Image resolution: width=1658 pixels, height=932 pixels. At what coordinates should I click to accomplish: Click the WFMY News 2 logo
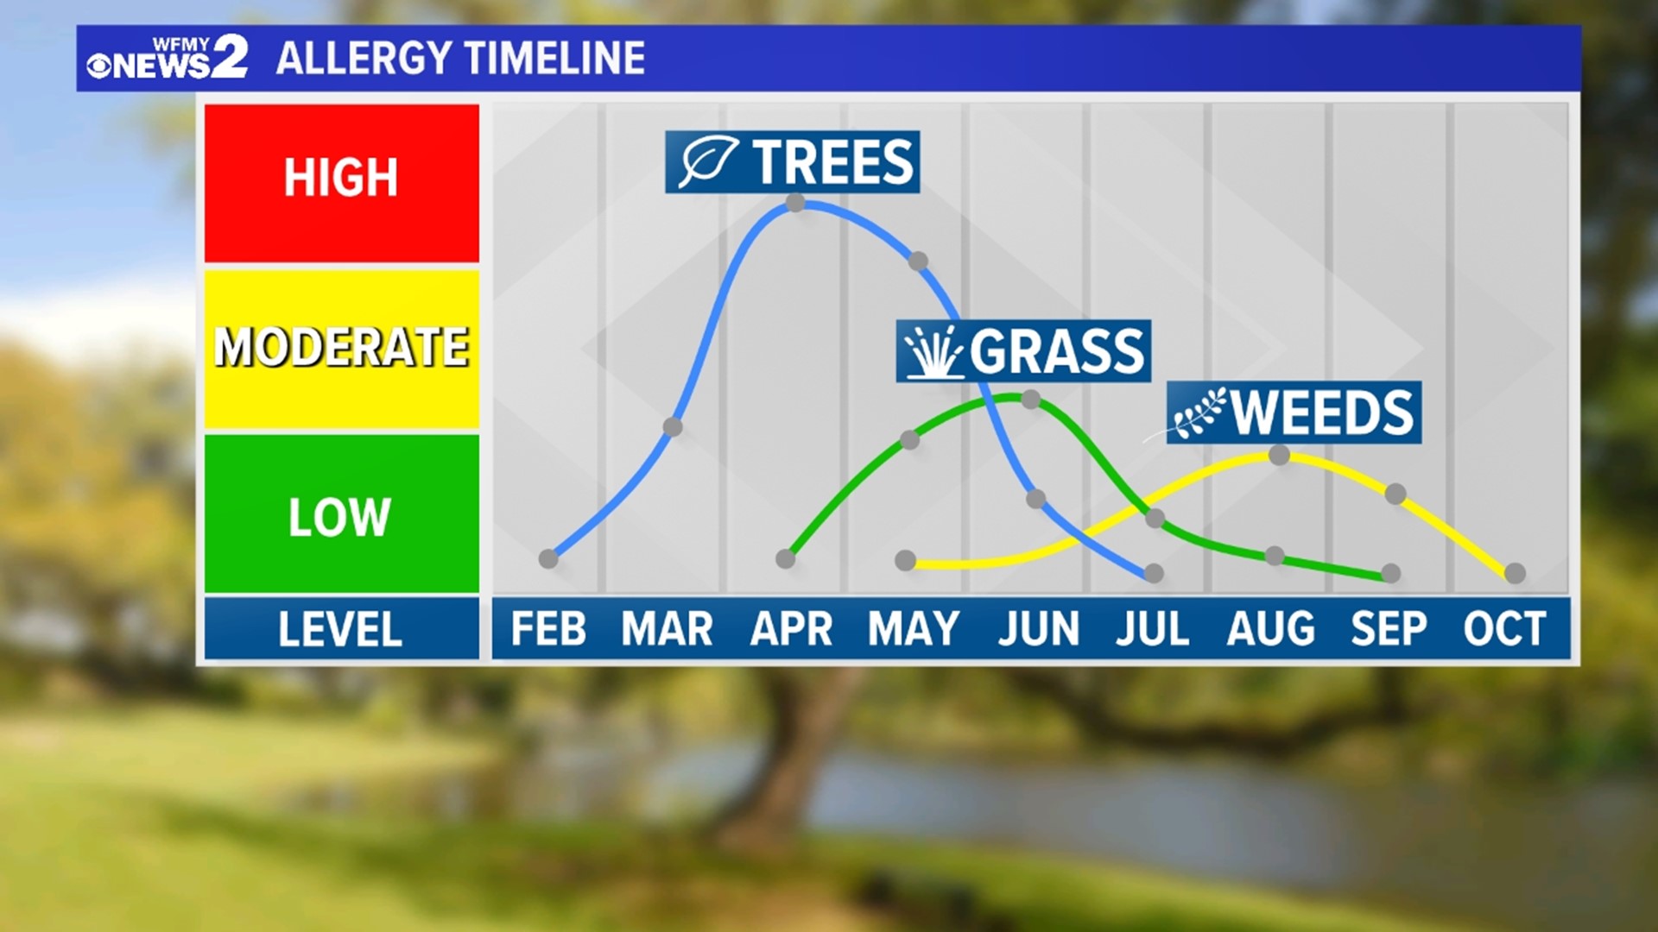[x=168, y=58]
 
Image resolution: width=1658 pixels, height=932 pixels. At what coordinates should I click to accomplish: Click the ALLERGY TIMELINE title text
[x=460, y=59]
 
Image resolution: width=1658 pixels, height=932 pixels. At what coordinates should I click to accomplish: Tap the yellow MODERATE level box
[x=342, y=348]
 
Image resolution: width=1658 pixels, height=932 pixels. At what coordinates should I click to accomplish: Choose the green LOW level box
[x=342, y=514]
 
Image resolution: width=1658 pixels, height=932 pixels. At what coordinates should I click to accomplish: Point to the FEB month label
[x=547, y=629]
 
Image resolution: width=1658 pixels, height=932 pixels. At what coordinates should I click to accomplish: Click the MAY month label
[x=913, y=629]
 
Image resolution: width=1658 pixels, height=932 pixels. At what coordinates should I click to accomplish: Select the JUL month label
[x=1152, y=629]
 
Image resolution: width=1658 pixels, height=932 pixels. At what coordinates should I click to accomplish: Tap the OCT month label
[x=1503, y=629]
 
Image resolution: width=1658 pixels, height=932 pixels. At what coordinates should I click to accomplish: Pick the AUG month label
[x=1270, y=629]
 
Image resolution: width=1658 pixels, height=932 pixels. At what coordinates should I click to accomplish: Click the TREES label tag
[x=792, y=162]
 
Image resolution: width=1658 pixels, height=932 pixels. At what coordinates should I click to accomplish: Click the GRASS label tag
[x=1023, y=351]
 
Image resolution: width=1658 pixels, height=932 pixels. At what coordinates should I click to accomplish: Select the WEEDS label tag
[x=1293, y=412]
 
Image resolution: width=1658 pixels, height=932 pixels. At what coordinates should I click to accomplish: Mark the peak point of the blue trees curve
[x=796, y=204]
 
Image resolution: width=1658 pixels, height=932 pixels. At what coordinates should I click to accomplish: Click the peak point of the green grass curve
[x=1030, y=400]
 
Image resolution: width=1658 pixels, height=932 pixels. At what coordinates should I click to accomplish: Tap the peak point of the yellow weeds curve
[x=1280, y=455]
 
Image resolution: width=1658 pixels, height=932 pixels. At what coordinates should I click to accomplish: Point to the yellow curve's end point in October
[x=1515, y=573]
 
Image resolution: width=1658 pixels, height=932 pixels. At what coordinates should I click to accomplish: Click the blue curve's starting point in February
[x=548, y=559]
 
